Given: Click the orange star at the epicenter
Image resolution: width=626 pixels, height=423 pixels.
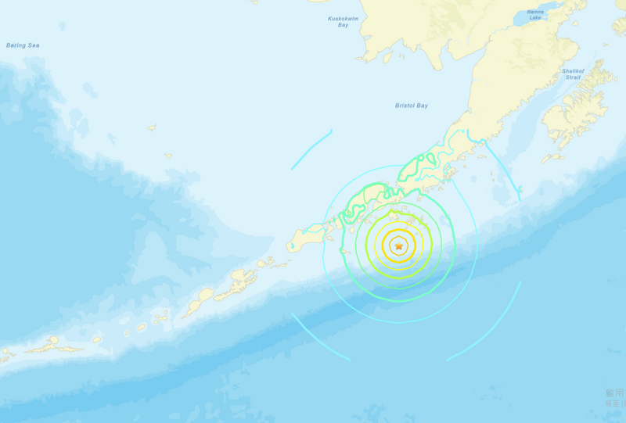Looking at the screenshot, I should click(x=398, y=247).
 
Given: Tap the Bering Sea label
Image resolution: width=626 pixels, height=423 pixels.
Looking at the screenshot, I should click(x=23, y=45).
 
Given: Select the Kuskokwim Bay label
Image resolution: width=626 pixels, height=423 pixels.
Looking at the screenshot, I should click(x=343, y=21).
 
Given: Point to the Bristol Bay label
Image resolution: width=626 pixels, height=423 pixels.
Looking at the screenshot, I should click(x=412, y=106).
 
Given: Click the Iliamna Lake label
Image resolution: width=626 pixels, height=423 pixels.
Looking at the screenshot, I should click(x=535, y=14).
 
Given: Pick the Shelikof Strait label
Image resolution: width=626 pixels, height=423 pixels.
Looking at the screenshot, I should click(x=572, y=73).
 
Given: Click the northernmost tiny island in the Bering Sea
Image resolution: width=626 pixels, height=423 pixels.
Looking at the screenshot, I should click(x=152, y=127).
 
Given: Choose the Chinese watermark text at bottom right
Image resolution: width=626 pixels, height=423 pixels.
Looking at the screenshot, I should click(x=615, y=397).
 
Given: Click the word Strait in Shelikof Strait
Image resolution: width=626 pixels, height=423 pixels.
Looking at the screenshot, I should click(x=572, y=77).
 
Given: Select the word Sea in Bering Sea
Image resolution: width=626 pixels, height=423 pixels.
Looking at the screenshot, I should click(x=33, y=45).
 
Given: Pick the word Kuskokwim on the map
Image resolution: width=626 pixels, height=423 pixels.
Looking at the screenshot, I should click(x=343, y=17).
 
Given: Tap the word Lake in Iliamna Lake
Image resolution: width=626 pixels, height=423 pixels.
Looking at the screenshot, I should click(x=535, y=17).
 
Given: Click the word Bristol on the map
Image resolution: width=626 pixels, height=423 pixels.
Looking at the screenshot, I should click(x=405, y=106).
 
